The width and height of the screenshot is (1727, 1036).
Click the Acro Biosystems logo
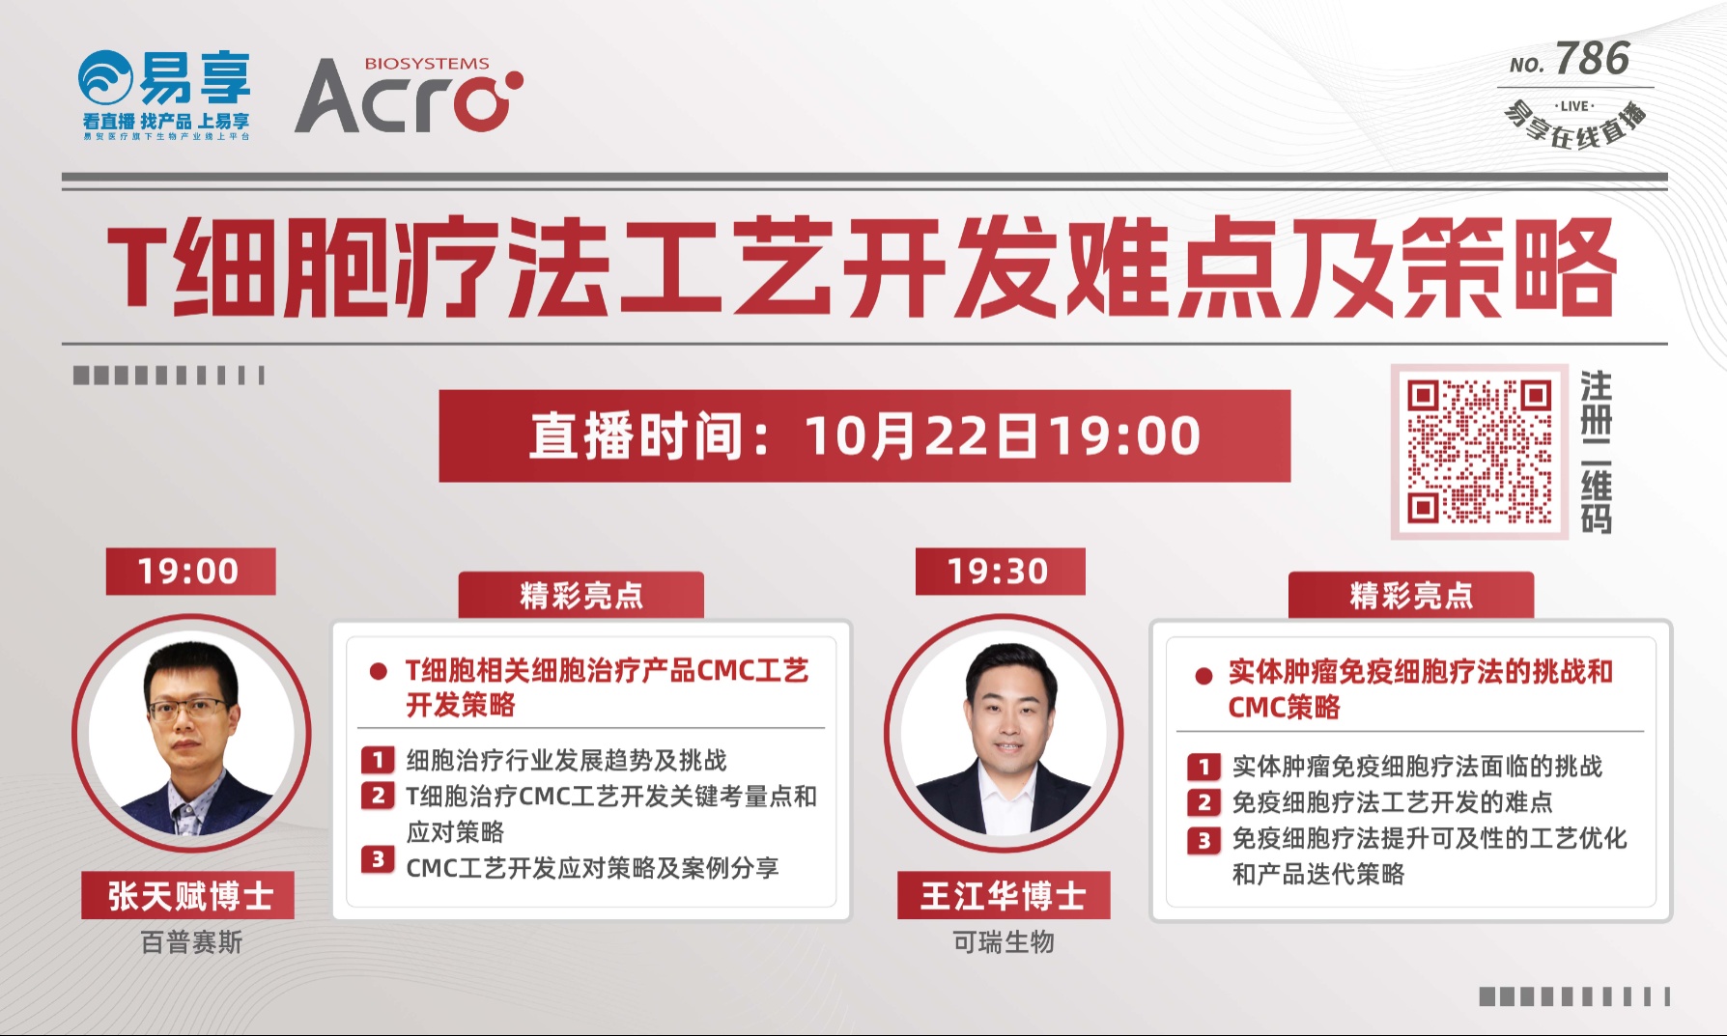pos(409,95)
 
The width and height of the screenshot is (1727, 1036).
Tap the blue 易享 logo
pos(165,95)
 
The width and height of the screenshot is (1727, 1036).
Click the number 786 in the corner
pos(1593,59)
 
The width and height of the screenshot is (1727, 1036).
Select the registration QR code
pos(1479,451)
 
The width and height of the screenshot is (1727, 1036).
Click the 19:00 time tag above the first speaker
pos(190,572)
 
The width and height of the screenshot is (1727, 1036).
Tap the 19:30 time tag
pos(1000,572)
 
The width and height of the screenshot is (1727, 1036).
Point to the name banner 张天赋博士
pos(188,896)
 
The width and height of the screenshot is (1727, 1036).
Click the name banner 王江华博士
pos(1004,896)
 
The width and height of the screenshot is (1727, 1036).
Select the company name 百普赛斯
pos(191,942)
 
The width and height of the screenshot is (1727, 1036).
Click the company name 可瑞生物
pos(1004,942)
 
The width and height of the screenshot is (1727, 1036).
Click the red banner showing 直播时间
pos(864,435)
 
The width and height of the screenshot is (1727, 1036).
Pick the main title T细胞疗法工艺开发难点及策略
pos(863,266)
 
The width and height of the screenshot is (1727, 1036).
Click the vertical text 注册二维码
pos(1596,451)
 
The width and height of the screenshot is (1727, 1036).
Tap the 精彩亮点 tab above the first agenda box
pos(580,595)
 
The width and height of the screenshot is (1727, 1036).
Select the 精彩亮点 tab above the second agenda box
pos(1411,595)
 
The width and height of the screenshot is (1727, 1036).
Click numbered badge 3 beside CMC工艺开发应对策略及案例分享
pos(378,859)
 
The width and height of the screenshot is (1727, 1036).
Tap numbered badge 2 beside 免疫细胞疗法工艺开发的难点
pos(1203,802)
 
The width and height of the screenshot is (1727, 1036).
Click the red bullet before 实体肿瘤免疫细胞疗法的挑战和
pos(1203,676)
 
